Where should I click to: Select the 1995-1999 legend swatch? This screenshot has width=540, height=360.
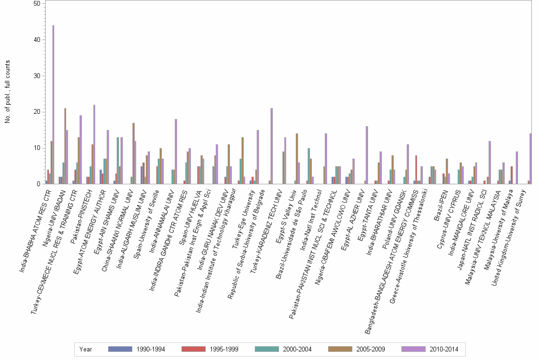coord(193,350)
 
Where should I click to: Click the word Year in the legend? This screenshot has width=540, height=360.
coord(86,350)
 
